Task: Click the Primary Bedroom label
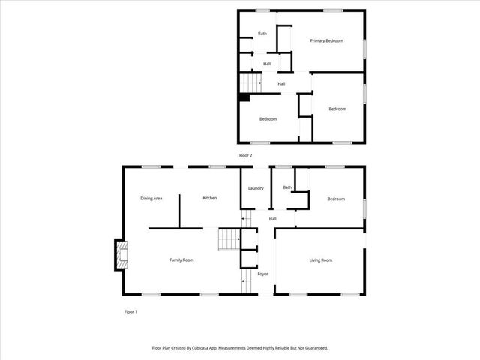pos(326,40)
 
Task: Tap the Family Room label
pos(181,259)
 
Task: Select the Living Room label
pos(321,259)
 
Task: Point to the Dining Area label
pos(151,198)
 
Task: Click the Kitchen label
pos(210,198)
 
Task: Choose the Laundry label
pos(256,188)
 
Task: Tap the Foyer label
pos(262,274)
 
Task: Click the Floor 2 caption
pos(245,155)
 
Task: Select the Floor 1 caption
pos(130,311)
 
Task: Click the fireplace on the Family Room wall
pos(120,255)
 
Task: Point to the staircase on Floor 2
pos(250,82)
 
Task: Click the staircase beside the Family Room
pos(228,240)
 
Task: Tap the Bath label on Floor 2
pos(262,34)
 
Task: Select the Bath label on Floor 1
pos(287,187)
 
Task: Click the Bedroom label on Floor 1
pos(336,199)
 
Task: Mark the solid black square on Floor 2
pos(244,96)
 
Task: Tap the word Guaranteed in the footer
pos(313,348)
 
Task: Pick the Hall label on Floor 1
pos(273,218)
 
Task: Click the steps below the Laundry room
pos(245,219)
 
